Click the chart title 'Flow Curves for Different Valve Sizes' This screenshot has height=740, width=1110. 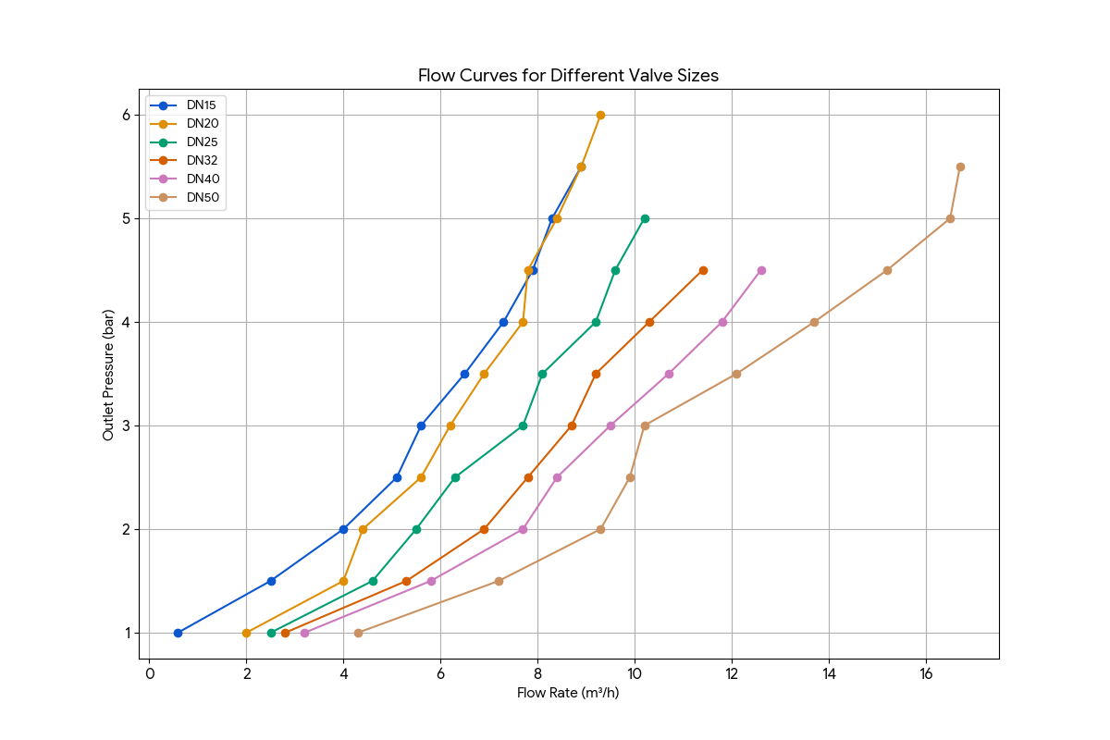(x=568, y=76)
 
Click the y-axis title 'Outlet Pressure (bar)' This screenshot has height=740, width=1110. (x=108, y=375)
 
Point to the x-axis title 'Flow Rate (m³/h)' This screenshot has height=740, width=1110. (x=568, y=693)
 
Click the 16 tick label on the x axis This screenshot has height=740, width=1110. (x=926, y=673)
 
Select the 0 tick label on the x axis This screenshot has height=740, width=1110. (x=150, y=673)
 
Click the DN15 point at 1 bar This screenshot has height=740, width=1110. (x=178, y=633)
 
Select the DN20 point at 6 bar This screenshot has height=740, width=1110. (x=600, y=115)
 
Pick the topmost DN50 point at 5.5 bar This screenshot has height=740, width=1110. (x=960, y=166)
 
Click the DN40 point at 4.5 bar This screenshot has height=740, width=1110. (x=761, y=270)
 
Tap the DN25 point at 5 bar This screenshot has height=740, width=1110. (x=645, y=218)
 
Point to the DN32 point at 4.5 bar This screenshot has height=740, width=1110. (x=703, y=270)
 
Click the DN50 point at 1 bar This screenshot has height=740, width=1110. (x=358, y=633)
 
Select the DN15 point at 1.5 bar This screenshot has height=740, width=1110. (x=271, y=581)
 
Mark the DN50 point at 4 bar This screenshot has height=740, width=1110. (x=814, y=322)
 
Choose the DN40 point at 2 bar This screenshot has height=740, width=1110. (x=523, y=529)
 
